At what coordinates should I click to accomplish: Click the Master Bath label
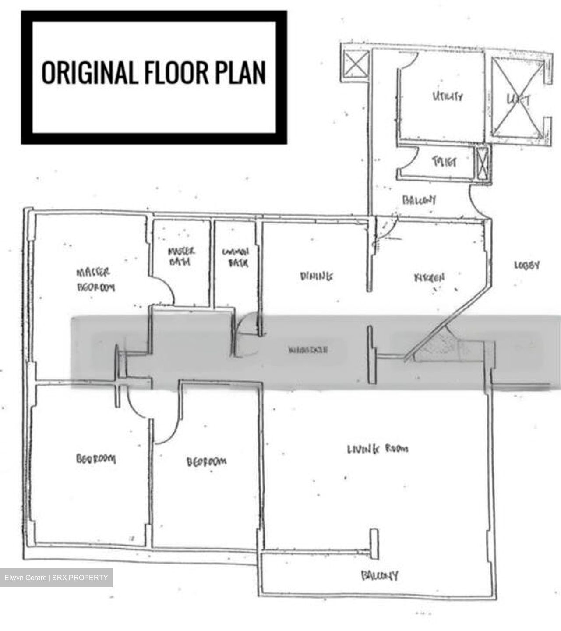tap(181, 257)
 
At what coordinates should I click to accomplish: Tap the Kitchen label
tap(429, 278)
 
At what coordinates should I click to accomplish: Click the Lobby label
tap(527, 266)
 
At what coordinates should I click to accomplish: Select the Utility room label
tap(447, 96)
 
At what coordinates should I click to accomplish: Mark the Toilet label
tap(444, 162)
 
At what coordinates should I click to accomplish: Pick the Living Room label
tap(378, 449)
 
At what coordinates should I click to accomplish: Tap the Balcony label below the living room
tap(380, 575)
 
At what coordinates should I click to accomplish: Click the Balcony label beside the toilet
tap(419, 200)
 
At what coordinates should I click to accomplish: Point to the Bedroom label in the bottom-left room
tap(96, 459)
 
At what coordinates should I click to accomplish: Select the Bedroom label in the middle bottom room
tap(206, 462)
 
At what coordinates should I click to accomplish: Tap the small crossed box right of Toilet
tap(483, 163)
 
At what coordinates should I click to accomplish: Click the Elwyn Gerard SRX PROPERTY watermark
tap(56, 578)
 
